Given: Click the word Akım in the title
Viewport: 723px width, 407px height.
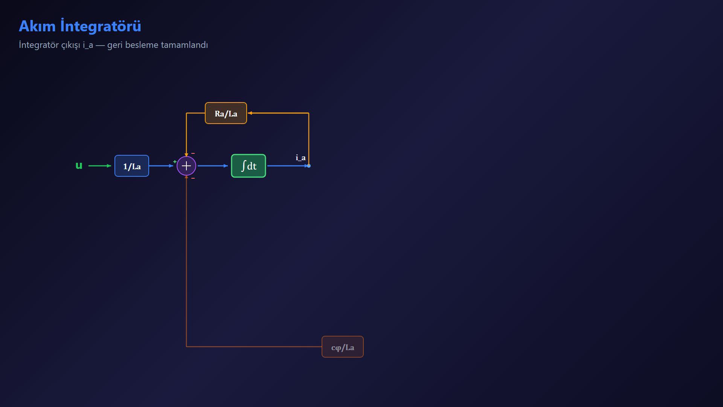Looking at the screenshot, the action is coord(37,26).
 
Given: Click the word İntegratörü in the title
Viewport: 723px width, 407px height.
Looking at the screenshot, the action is coord(101,26).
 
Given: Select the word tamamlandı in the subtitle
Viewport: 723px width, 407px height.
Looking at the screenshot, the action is coord(184,45).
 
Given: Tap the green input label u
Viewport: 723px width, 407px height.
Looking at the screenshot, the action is coord(79,166).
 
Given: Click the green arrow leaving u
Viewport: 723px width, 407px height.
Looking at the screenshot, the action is coord(100,166).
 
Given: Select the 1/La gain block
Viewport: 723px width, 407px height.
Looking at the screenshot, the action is coord(132,166).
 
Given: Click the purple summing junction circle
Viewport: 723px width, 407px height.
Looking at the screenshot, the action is coord(186,166).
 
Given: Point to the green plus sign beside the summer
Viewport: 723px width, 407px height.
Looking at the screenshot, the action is coord(175,162).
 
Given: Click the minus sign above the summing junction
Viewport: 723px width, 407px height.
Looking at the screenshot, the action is coord(193,153).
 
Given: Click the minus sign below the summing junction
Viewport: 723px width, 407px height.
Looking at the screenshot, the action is coord(193,178).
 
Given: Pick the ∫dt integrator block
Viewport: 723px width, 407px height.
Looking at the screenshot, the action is coord(249,166).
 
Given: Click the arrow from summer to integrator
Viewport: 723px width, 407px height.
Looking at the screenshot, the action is coord(213,166).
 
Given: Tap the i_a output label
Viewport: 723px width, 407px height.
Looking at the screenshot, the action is coord(300,158).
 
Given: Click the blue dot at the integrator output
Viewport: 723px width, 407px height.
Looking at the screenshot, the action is coord(309,166).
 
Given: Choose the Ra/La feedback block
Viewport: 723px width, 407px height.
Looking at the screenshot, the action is coord(226,113).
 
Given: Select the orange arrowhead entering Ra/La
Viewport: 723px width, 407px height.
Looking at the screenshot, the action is coord(250,113).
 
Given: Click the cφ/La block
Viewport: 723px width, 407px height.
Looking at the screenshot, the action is coord(343,347).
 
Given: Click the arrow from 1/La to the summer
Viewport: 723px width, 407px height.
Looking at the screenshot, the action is coord(161,166).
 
